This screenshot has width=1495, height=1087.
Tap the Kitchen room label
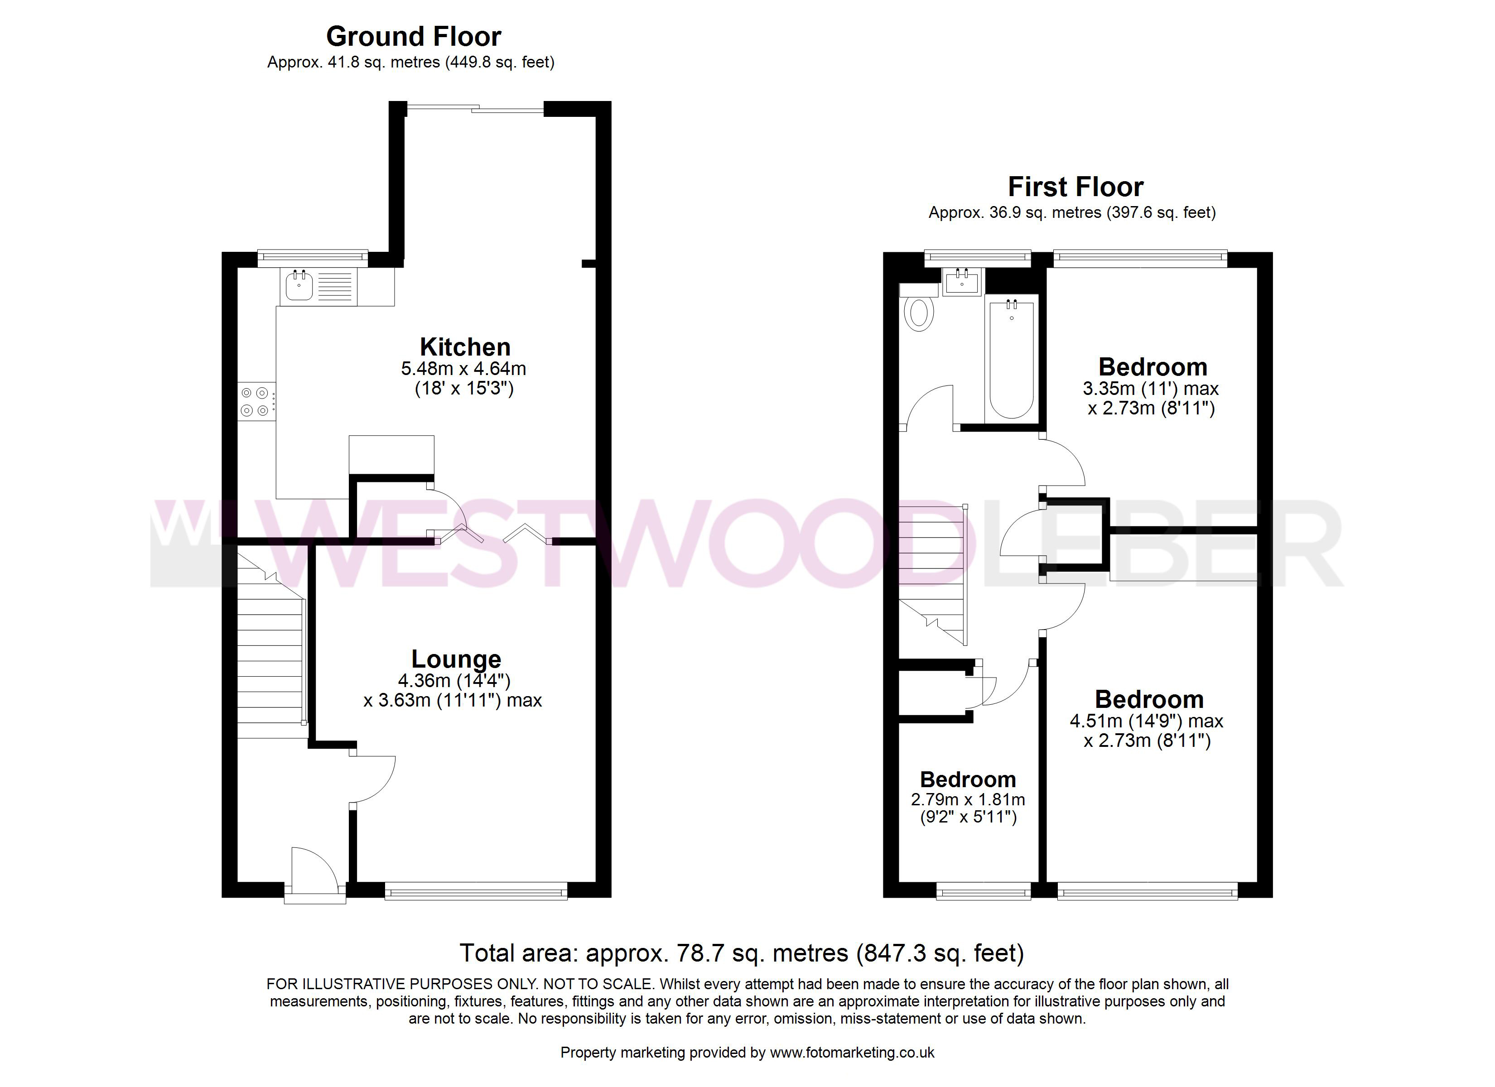pyautogui.click(x=465, y=347)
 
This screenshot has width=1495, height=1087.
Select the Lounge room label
pyautogui.click(x=456, y=659)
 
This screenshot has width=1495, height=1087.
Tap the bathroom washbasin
pyautogui.click(x=962, y=282)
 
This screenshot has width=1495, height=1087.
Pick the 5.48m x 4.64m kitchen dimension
pyautogui.click(x=463, y=369)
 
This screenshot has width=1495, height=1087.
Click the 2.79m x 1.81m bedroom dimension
pyautogui.click(x=968, y=799)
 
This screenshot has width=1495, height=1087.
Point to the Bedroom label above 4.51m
pyautogui.click(x=1150, y=699)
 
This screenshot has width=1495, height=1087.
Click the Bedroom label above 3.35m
pyautogui.click(x=1153, y=366)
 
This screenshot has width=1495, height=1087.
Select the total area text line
pyautogui.click(x=742, y=953)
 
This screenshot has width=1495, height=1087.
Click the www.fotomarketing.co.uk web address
pyautogui.click(x=852, y=1053)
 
